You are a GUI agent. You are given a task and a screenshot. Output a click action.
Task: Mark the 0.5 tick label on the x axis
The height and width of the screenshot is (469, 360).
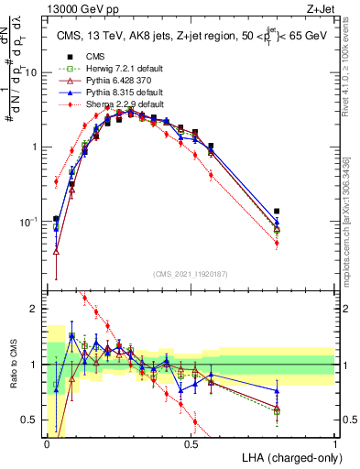click(191, 443)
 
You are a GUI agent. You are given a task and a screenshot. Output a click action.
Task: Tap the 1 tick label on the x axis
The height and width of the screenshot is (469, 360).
click(334, 443)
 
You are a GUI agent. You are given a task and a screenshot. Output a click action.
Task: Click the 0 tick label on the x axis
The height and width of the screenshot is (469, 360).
click(47, 443)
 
